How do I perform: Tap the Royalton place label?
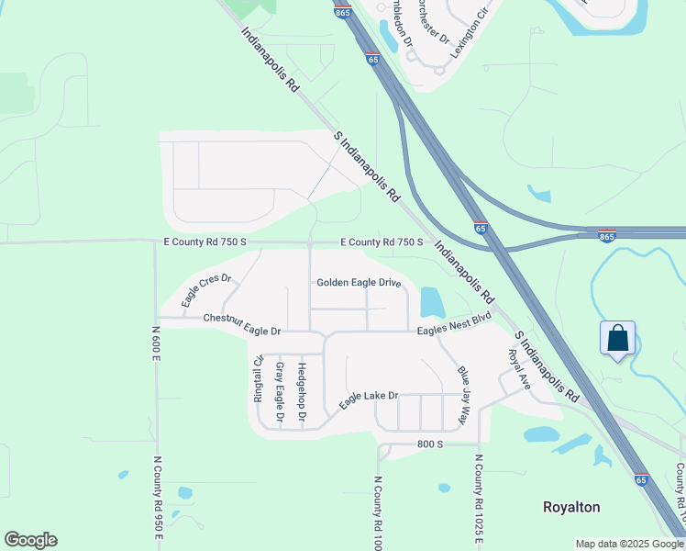(x=571, y=507)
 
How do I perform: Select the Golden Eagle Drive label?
(x=359, y=283)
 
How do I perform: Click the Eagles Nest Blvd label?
(x=455, y=321)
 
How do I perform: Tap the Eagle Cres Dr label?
(x=205, y=290)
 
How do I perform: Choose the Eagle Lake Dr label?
(x=368, y=400)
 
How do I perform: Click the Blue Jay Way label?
(x=469, y=395)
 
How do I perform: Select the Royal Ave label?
(x=519, y=368)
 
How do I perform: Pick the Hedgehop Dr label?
(x=302, y=393)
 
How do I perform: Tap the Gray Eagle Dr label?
(x=280, y=393)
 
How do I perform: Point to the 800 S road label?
(x=427, y=444)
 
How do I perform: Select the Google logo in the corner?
(x=30, y=540)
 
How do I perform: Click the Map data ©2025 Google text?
(x=629, y=544)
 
